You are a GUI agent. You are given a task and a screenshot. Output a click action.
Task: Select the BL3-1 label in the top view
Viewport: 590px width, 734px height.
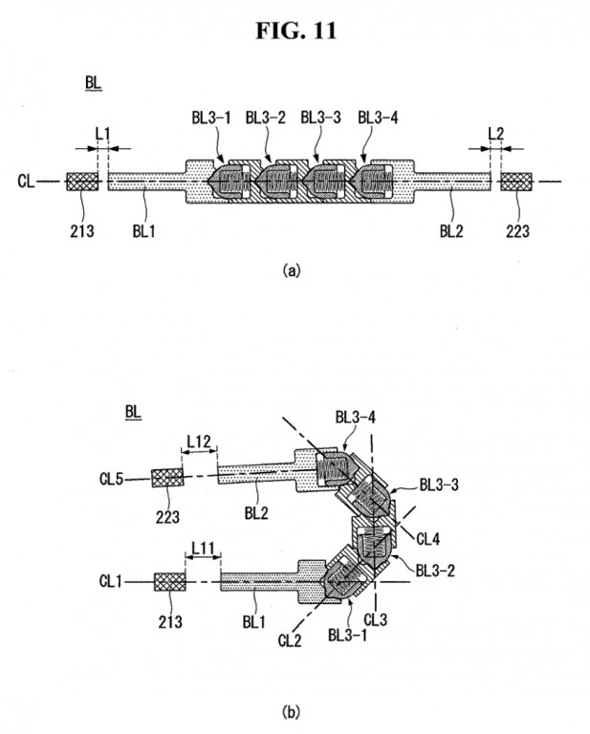209,118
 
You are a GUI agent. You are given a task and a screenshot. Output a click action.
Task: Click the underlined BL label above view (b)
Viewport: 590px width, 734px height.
134,412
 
